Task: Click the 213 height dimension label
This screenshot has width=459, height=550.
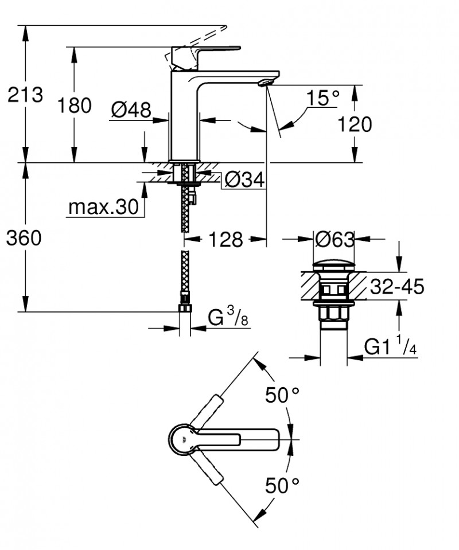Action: point(25,95)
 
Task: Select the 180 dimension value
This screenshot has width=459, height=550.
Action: point(74,106)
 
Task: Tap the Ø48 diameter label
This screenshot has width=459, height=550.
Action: point(130,109)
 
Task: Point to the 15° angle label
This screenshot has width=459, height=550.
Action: point(321,98)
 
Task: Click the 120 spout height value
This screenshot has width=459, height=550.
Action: point(355,124)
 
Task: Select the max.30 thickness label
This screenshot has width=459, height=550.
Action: point(103,207)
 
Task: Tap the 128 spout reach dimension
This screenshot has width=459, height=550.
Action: point(226,239)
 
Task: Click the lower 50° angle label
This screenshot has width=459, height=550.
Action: point(282,486)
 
